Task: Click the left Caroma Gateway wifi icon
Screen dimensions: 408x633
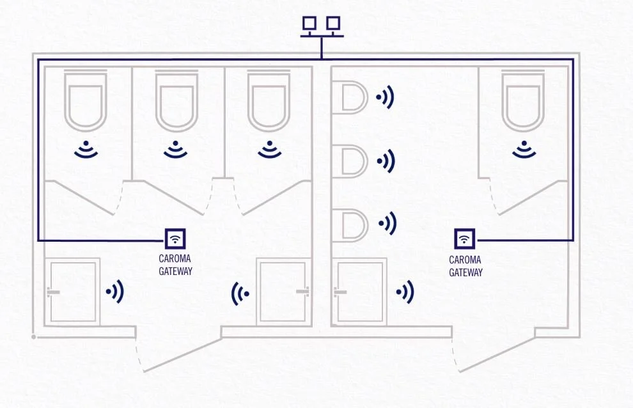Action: click(175, 239)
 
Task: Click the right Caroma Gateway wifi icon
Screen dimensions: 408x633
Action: click(465, 239)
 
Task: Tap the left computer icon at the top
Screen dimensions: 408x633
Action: click(309, 24)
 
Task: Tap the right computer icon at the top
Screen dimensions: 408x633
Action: click(332, 24)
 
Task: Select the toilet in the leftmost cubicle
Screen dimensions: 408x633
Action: click(85, 102)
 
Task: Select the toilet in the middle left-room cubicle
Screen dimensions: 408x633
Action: click(176, 102)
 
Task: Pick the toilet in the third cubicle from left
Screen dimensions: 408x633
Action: click(269, 102)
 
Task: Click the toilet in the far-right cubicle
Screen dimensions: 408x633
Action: click(524, 102)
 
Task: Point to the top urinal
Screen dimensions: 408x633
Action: click(352, 98)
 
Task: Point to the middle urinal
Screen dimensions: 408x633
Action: click(352, 161)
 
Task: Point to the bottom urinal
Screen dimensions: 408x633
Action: click(352, 225)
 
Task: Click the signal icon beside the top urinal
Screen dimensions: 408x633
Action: click(385, 98)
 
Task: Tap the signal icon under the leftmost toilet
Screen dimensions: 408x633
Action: click(86, 150)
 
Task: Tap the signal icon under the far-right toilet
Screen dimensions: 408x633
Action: click(524, 150)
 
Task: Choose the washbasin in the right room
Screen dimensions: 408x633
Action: click(361, 292)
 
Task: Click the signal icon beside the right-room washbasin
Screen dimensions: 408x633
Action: click(405, 292)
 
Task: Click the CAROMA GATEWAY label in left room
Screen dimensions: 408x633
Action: click(175, 265)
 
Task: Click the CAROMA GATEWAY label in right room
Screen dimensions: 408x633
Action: click(465, 266)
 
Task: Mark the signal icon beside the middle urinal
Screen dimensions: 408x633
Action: click(385, 161)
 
